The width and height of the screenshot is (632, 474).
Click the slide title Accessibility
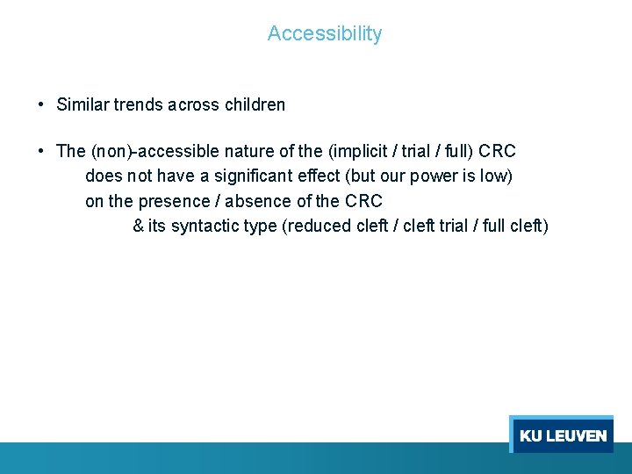pyautogui.click(x=325, y=33)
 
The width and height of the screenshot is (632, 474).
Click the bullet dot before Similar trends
pyautogui.click(x=41, y=104)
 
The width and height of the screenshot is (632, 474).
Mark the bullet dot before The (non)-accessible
pyautogui.click(x=41, y=151)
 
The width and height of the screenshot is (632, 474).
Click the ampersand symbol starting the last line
pyautogui.click(x=138, y=226)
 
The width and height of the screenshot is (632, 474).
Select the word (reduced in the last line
pyautogui.click(x=317, y=226)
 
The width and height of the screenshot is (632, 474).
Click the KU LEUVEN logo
pyautogui.click(x=562, y=435)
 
